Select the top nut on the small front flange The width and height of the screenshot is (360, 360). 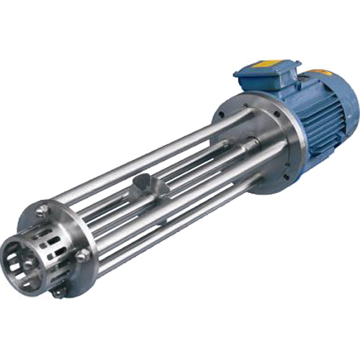[43, 211]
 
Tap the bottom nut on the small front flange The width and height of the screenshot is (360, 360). [58, 292]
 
